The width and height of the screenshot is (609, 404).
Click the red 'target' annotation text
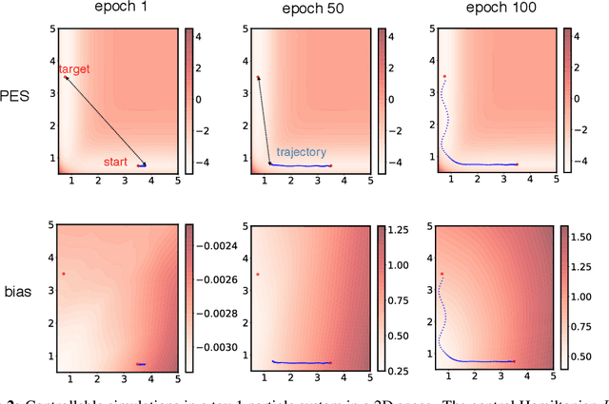tap(77, 69)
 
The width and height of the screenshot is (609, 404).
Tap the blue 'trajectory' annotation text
tap(302, 151)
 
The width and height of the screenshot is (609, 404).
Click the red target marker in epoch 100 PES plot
tap(444, 76)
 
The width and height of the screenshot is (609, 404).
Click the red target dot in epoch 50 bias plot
tap(257, 275)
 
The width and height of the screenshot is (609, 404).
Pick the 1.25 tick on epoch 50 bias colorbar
tap(401, 229)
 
